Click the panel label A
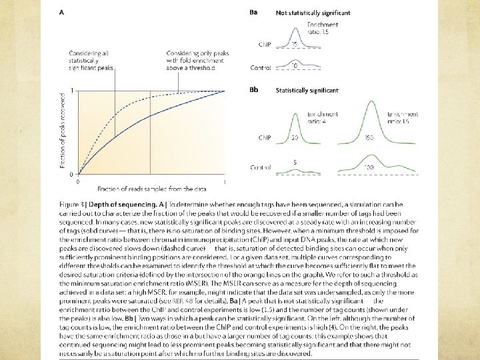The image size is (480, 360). [61, 12]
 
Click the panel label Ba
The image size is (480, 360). [253, 12]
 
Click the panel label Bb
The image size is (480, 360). [253, 90]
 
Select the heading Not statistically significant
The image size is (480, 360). [313, 13]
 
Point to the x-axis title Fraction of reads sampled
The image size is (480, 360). [140, 189]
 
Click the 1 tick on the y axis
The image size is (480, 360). [71, 91]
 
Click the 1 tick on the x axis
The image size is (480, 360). [224, 181]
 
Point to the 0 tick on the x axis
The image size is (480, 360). [79, 181]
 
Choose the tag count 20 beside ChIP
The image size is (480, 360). [295, 138]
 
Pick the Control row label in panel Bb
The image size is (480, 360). [261, 168]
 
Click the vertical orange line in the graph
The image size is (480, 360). [151, 133]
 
